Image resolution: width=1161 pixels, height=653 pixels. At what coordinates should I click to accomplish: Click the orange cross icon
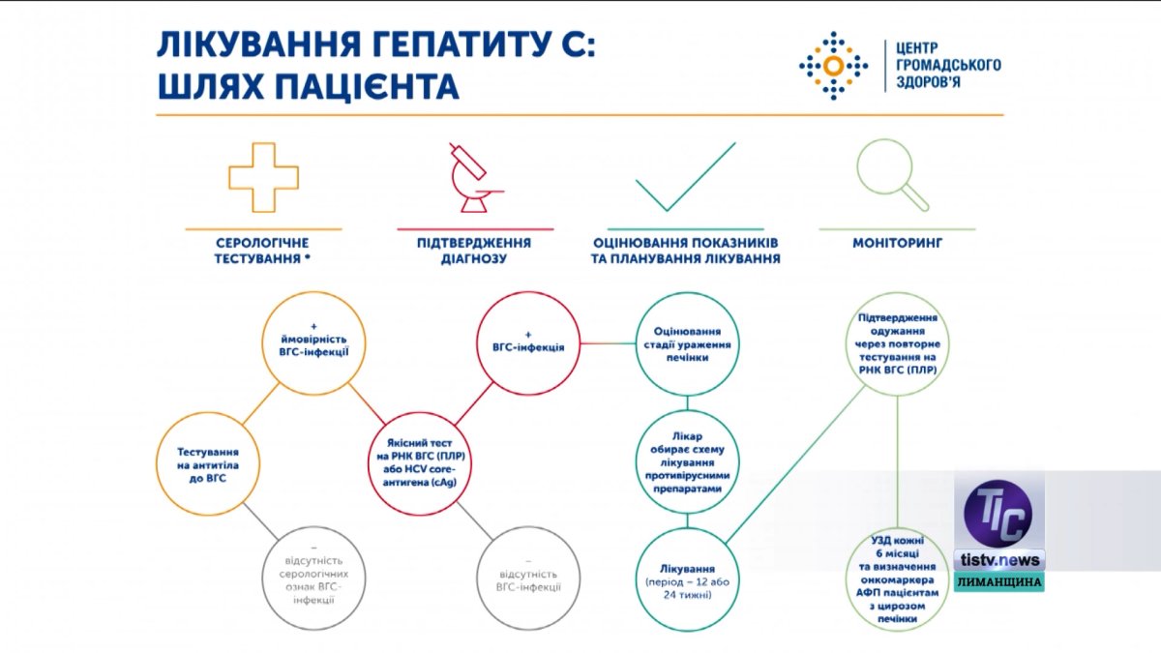pyautogui.click(x=263, y=177)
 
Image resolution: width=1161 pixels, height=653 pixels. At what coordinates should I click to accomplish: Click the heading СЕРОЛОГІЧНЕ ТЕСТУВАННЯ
pyautogui.click(x=263, y=251)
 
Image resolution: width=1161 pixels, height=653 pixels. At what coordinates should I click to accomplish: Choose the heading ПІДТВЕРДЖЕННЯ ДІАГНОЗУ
pyautogui.click(x=475, y=251)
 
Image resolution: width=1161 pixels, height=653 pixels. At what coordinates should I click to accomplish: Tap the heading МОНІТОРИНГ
pyautogui.click(x=897, y=243)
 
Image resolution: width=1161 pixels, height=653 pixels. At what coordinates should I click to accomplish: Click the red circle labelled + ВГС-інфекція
pyautogui.click(x=528, y=343)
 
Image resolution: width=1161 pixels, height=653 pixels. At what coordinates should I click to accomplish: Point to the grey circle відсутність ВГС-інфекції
pyautogui.click(x=526, y=579)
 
